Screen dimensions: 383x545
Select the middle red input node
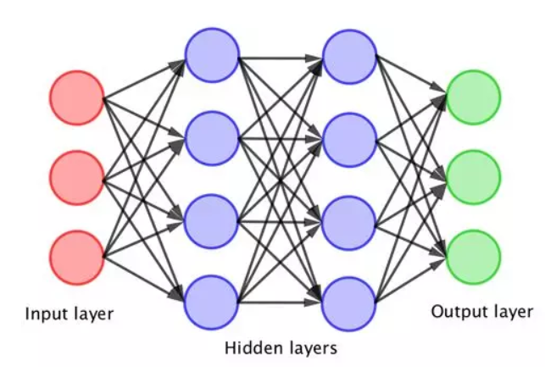point(76,177)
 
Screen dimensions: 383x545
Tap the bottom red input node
point(76,256)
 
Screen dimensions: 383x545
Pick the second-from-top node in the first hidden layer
point(211,137)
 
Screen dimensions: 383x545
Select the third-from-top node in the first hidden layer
point(211,219)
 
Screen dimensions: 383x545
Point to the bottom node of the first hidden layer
point(211,301)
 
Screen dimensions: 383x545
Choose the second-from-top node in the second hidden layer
point(348,137)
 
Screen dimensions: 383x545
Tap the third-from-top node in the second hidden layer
point(348,219)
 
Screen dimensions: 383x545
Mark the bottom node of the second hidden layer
point(348,301)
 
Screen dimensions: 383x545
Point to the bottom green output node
point(474,256)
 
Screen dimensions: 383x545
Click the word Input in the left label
point(42,315)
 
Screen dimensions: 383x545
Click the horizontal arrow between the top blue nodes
point(280,58)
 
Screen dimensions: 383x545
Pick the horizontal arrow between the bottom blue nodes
point(280,301)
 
